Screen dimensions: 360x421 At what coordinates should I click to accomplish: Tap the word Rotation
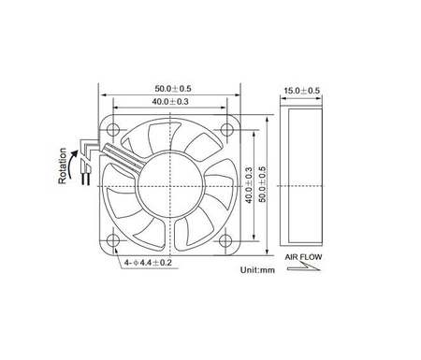(x=63, y=166)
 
